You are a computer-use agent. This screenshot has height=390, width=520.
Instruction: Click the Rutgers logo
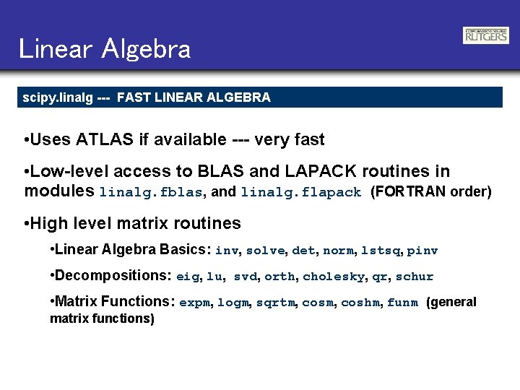(x=485, y=35)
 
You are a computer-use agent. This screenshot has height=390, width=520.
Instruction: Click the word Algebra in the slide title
(x=147, y=49)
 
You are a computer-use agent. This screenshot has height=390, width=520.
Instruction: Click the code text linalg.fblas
(x=151, y=193)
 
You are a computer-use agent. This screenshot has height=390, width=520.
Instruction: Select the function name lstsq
(x=379, y=251)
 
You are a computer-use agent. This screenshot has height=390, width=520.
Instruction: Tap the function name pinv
(x=422, y=251)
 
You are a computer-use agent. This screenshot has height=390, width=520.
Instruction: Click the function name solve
(x=267, y=251)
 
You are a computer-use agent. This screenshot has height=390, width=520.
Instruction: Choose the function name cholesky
(x=333, y=277)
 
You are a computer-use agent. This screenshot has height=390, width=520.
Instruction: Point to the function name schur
(x=415, y=277)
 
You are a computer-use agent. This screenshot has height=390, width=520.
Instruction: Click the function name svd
(x=245, y=277)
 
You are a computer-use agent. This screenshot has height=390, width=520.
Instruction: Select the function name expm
(x=194, y=303)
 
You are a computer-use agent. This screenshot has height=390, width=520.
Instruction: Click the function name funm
(x=402, y=303)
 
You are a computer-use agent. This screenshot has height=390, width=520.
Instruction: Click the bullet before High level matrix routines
(x=27, y=224)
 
